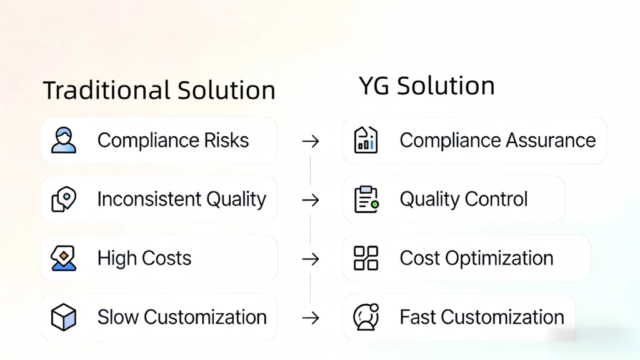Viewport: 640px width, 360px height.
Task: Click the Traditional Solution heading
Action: tap(159, 90)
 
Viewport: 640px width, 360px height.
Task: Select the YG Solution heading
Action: tap(426, 86)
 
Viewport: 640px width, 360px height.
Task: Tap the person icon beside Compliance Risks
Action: tap(64, 140)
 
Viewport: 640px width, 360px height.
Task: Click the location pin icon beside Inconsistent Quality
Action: tap(64, 199)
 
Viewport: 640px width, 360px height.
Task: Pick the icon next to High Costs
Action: tap(64, 258)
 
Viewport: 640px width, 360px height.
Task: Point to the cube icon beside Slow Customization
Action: tap(64, 317)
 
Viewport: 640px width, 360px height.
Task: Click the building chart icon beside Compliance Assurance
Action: tap(366, 140)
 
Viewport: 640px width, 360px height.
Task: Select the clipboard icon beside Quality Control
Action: tap(366, 199)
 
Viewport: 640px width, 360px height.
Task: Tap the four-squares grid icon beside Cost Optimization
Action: tap(366, 258)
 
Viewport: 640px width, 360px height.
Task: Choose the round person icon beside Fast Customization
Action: tap(366, 317)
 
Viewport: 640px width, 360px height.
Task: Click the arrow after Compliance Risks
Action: tap(311, 142)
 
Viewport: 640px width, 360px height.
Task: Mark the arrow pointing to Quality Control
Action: tap(311, 201)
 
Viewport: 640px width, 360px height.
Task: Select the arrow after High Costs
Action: tap(311, 259)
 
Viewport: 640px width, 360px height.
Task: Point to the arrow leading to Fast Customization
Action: tap(311, 318)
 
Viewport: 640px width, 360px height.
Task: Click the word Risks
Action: tap(226, 141)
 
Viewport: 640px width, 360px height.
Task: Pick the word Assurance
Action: tap(551, 141)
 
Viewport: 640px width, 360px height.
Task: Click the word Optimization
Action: tap(499, 258)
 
